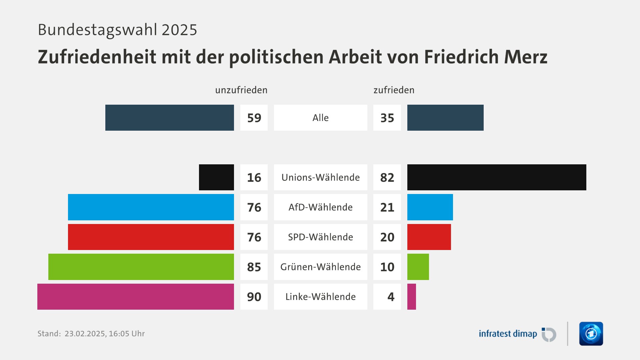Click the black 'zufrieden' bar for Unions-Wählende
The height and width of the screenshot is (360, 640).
click(497, 177)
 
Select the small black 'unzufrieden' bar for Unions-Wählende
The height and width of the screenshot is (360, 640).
click(216, 177)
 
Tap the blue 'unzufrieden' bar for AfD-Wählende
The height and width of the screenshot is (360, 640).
click(151, 207)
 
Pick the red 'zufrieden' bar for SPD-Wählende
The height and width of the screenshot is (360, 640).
click(429, 237)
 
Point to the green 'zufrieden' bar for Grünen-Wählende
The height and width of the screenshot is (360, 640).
click(418, 267)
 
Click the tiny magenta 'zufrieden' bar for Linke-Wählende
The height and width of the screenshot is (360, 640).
click(412, 297)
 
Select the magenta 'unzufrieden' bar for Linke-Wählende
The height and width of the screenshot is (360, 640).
click(136, 297)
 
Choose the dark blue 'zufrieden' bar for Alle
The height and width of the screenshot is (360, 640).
click(445, 118)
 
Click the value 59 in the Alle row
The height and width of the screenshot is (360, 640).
click(254, 118)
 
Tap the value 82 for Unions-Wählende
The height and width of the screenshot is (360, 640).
click(387, 178)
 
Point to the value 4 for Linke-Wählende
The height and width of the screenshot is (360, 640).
click(391, 297)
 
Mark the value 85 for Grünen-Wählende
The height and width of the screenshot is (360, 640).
click(254, 267)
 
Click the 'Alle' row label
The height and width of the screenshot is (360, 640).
click(320, 118)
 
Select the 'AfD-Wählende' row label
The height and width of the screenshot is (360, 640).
click(320, 207)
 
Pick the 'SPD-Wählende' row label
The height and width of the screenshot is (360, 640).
click(320, 237)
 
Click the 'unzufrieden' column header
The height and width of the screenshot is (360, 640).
click(241, 90)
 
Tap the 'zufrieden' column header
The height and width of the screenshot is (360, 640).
click(394, 90)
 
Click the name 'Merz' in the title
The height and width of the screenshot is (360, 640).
click(526, 57)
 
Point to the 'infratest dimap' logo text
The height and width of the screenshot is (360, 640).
click(508, 334)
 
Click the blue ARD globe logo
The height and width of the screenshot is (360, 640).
click(591, 334)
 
